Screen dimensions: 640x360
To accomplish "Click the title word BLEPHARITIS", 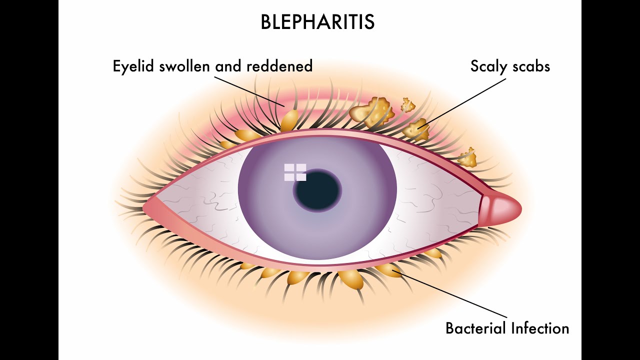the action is [317, 22].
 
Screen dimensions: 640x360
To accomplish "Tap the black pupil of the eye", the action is [317, 190].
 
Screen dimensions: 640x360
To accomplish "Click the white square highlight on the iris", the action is [295, 172].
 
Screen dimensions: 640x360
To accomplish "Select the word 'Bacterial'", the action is [475, 328].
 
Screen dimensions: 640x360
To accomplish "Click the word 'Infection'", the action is [540, 328].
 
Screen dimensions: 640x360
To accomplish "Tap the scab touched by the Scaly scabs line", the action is [416, 129].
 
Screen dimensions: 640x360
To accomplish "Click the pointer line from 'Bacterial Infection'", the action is [450, 294].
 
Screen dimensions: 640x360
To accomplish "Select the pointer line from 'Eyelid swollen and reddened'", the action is [250, 90].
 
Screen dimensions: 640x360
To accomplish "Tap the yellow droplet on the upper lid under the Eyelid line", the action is [289, 120].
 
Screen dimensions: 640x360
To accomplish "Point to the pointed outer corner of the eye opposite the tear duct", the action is [145, 206].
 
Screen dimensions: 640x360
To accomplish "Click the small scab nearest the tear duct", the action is [468, 158].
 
